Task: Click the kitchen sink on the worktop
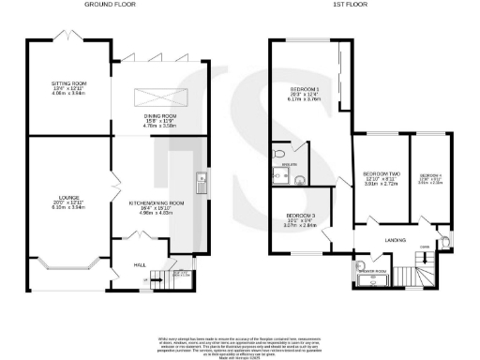[200, 180]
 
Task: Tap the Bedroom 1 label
[305, 91]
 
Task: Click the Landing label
[395, 241]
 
